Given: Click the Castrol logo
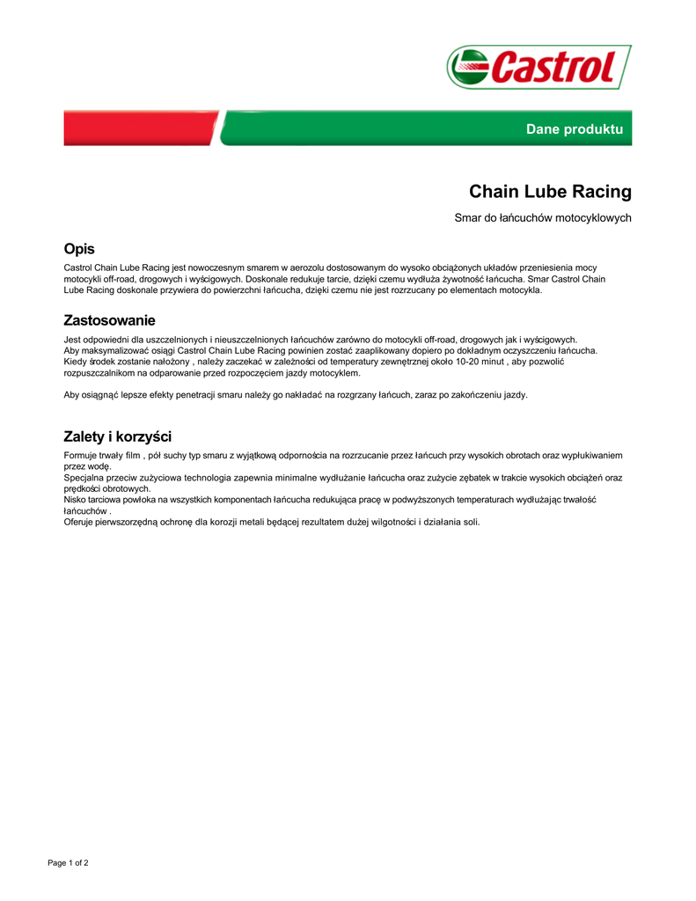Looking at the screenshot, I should (x=538, y=67).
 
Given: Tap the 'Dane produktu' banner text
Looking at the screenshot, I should (x=574, y=129).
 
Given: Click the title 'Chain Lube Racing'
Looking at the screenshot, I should (x=550, y=192).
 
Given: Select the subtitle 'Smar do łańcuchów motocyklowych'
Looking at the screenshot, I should (x=543, y=217).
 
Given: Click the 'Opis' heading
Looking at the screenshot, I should (x=79, y=249).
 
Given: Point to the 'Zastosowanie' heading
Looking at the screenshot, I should (x=109, y=320).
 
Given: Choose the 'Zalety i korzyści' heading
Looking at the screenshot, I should (x=117, y=436).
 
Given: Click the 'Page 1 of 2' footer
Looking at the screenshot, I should (x=68, y=862).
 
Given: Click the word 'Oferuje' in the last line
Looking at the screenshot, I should (x=79, y=522).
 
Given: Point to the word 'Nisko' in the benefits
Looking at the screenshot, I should (x=75, y=500).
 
